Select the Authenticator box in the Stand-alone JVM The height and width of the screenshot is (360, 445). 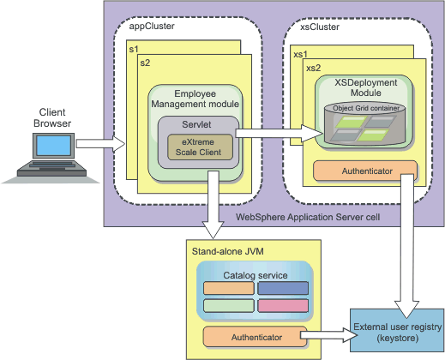coord(255,337)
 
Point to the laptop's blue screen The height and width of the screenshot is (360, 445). coord(53,145)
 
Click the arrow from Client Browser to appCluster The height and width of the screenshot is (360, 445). coord(101,144)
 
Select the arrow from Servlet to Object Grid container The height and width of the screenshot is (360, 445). coord(279,133)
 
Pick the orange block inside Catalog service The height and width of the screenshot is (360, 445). coord(229,288)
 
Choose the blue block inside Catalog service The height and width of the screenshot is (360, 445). coord(283,288)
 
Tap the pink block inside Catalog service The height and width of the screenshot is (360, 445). coord(283,306)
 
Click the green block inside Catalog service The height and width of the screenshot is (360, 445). coord(229,306)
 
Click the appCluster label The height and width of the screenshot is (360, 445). coord(152,26)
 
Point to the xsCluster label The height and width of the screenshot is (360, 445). coord(320,27)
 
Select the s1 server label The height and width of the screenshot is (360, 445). coord(134,49)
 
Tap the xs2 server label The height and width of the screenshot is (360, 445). coord(313,68)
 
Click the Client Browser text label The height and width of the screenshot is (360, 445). coord(52,117)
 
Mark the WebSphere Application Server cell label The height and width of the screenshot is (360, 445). coord(308,217)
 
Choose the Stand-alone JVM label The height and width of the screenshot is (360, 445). coord(228,251)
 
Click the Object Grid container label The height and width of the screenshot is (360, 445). coord(366,108)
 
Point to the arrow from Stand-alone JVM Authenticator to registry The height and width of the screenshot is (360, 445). coord(329,335)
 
